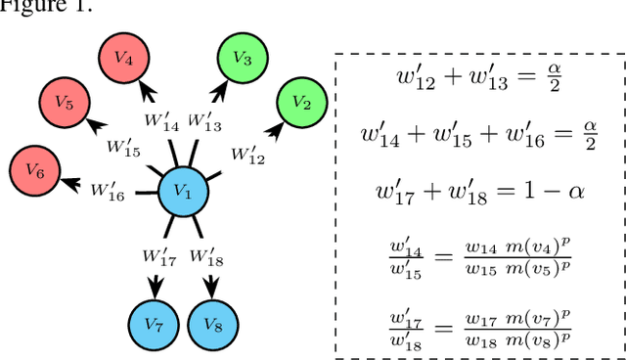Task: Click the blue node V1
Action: click(x=182, y=194)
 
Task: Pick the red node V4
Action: click(x=123, y=60)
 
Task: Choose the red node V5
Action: click(x=64, y=103)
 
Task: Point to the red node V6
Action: click(x=34, y=171)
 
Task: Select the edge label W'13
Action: click(x=205, y=122)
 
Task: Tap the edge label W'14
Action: click(x=162, y=122)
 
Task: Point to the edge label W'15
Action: click(x=124, y=149)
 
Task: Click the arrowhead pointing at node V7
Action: click(x=154, y=289)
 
